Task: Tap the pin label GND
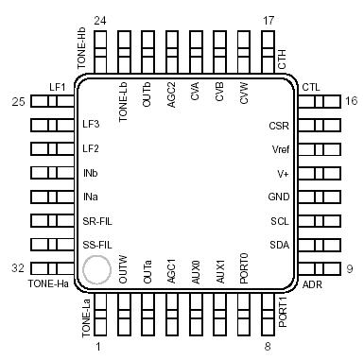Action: (278, 197)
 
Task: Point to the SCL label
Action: (278, 221)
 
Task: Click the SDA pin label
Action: (278, 246)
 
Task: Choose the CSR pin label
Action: (278, 125)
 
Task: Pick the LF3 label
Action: (92, 125)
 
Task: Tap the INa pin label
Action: (91, 197)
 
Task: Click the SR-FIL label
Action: (97, 221)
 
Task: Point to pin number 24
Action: (100, 21)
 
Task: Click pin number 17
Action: (269, 21)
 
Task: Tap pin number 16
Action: (351, 101)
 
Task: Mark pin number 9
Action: (350, 269)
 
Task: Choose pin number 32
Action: (17, 269)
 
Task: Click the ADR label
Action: (311, 283)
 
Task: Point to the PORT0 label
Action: (245, 268)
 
